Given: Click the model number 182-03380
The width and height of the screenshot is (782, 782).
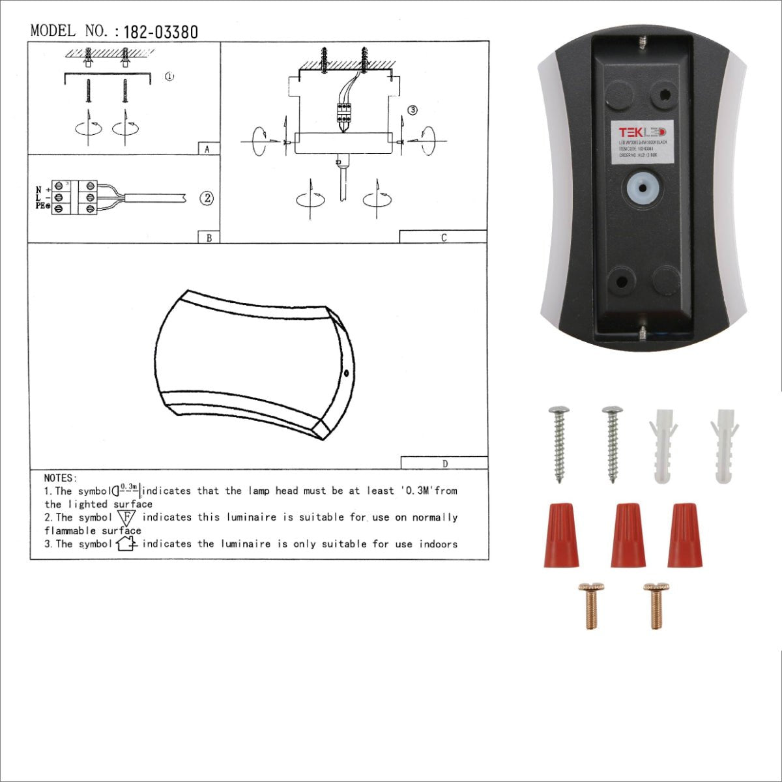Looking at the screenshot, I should tap(160, 32).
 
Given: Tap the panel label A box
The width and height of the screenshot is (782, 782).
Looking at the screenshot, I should tap(208, 149).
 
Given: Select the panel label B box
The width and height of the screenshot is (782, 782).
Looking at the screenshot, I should tap(209, 238).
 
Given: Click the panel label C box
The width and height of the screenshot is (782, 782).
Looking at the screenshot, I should tap(443, 237).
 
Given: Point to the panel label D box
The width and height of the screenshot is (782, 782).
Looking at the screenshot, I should tap(444, 463).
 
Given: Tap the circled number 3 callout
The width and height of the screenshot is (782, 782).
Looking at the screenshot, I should tap(412, 110).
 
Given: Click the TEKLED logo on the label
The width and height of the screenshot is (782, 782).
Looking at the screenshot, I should tap(642, 132).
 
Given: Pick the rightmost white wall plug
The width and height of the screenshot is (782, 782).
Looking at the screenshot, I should tap(724, 446).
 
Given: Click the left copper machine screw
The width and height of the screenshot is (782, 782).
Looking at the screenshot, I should tap(591, 605).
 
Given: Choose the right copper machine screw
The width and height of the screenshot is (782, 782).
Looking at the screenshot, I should tap(656, 605).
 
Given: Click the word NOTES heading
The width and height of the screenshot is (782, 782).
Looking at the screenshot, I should tap(61, 478).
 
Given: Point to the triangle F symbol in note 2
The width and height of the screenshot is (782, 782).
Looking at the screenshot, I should tap(127, 517).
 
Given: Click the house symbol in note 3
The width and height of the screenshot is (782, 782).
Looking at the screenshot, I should tap(125, 543).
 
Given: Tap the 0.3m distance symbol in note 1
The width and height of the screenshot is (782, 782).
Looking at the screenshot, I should tap(127, 489).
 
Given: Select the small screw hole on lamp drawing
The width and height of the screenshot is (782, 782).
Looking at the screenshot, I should tap(346, 373).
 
